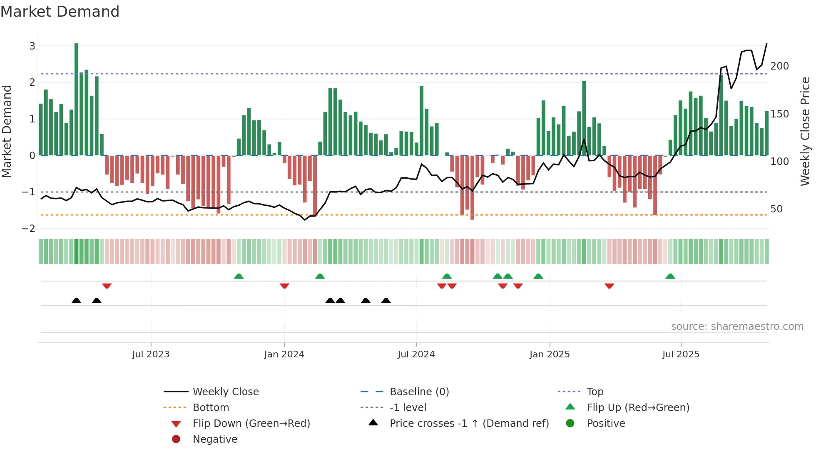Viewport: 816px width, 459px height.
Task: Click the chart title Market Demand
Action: coord(60,12)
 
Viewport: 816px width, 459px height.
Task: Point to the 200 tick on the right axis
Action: coord(779,66)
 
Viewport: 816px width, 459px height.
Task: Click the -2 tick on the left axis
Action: coord(29,228)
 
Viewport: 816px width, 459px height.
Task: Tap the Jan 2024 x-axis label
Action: coord(284,354)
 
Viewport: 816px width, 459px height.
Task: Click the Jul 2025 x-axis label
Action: coord(681,354)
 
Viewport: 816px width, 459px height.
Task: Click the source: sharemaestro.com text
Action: coord(737,327)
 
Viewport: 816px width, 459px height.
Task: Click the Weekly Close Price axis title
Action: coord(805,131)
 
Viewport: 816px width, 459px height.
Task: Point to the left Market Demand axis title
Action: coord(7,131)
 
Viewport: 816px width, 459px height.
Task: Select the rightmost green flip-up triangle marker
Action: coord(670,276)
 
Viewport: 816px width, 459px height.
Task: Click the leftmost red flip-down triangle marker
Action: coord(107,286)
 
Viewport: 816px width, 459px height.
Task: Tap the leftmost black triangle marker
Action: coord(76,300)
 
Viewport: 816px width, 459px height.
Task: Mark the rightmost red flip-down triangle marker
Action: coord(609,286)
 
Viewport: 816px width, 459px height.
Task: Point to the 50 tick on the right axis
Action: coord(776,209)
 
